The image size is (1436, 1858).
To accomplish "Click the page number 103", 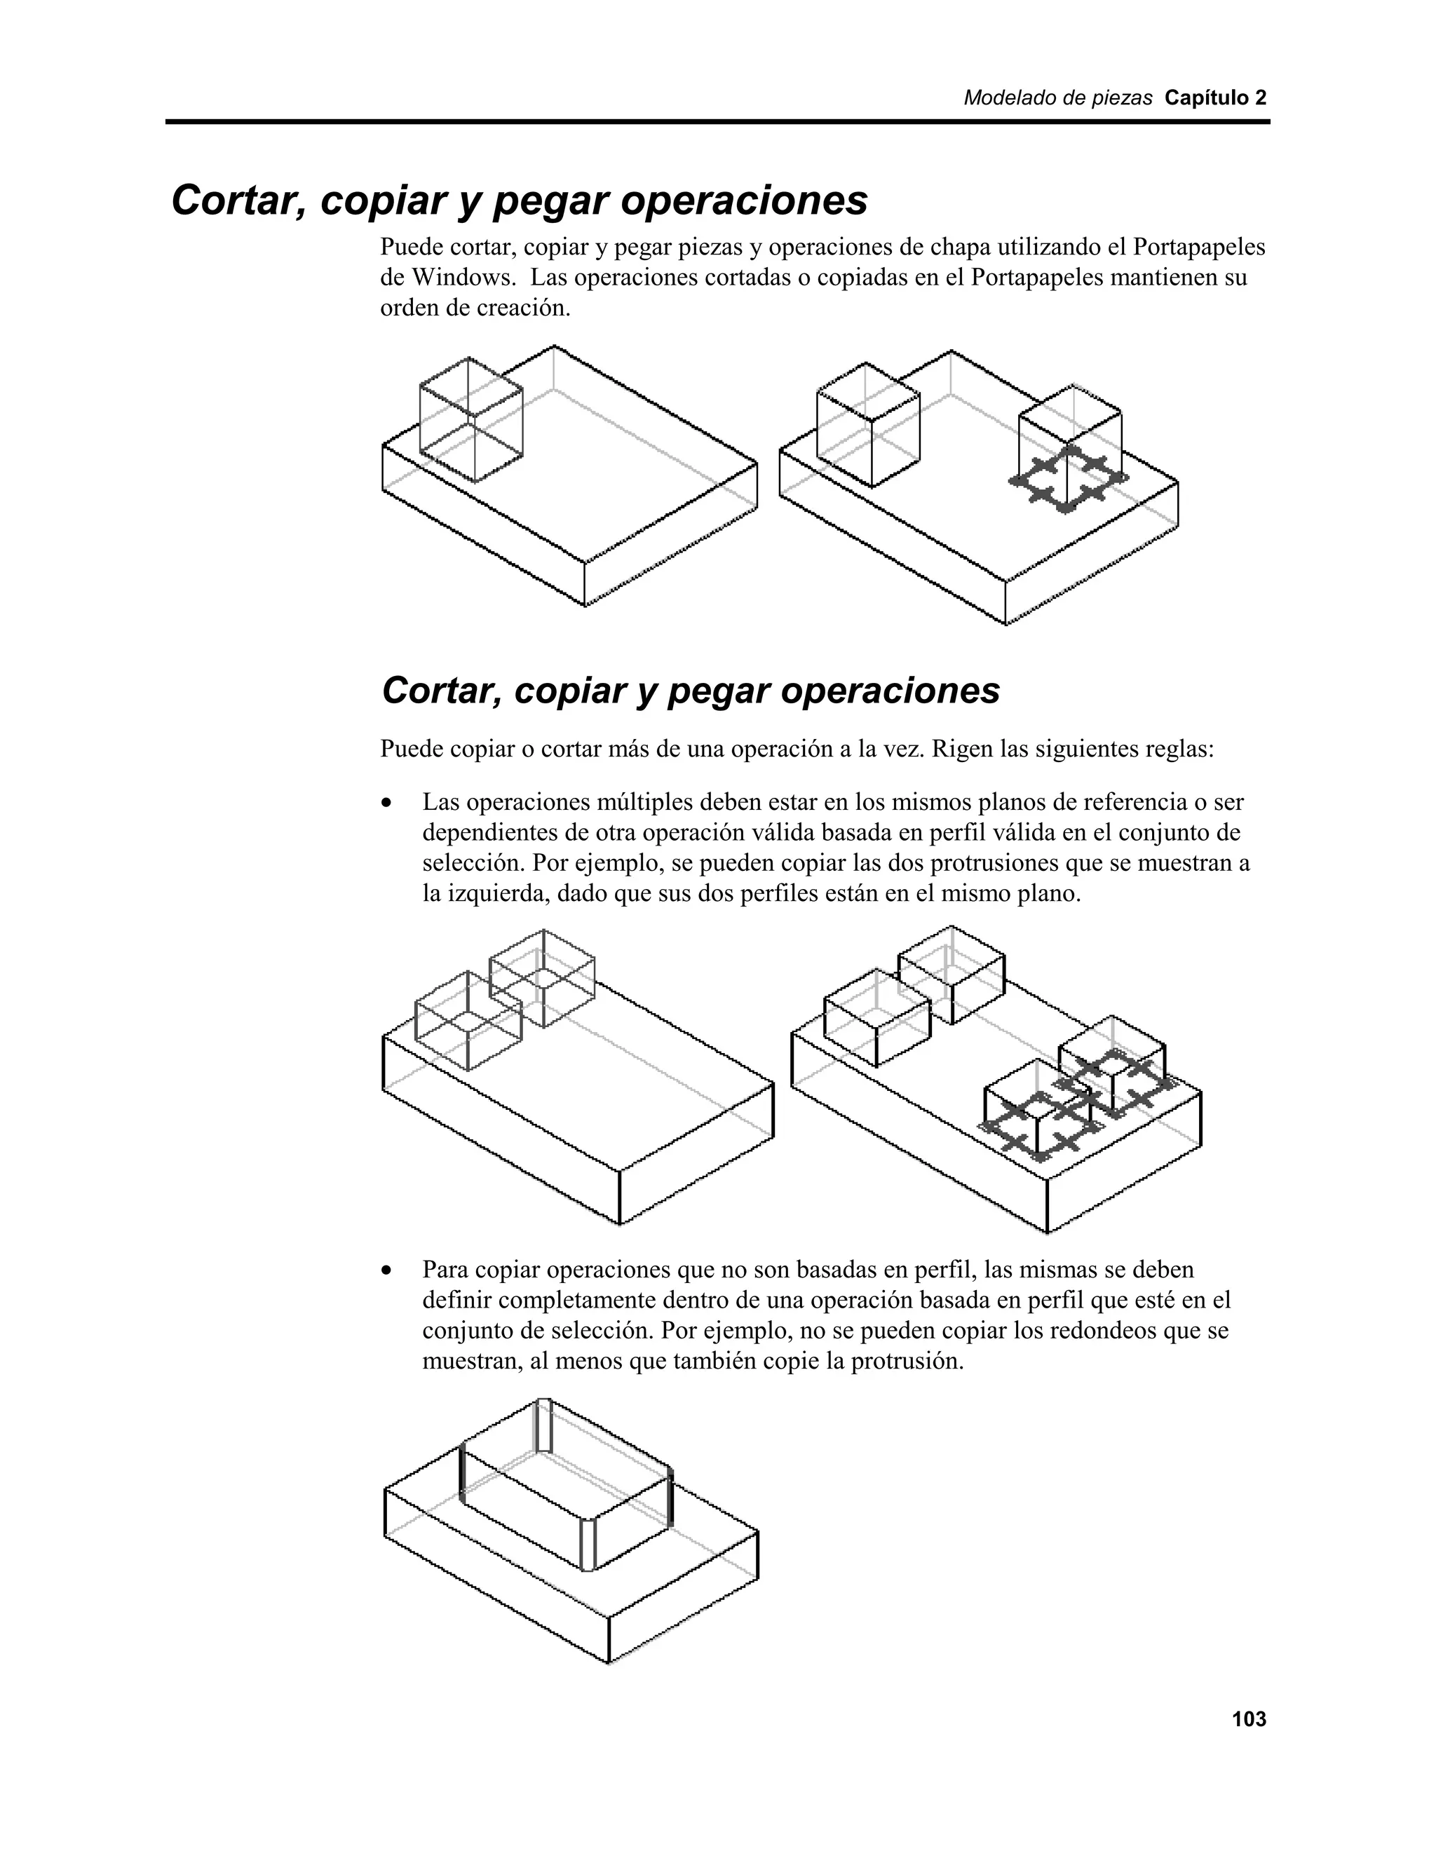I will [x=1248, y=1719].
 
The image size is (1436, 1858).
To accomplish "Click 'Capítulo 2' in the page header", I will [x=1215, y=98].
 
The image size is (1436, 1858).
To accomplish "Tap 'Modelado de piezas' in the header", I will [x=1057, y=98].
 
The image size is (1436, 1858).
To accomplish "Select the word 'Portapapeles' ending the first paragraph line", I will [x=1198, y=247].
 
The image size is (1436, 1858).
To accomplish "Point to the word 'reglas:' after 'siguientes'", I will [x=1181, y=750].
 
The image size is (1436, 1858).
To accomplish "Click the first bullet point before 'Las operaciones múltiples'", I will [x=388, y=803].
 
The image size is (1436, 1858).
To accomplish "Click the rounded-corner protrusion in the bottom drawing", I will [x=566, y=1484].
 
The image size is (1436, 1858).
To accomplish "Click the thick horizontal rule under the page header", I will [x=717, y=123].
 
